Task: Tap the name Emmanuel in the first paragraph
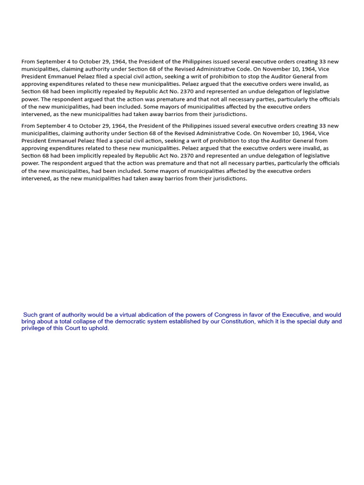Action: [x=62, y=77]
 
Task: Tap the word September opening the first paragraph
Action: [x=54, y=62]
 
